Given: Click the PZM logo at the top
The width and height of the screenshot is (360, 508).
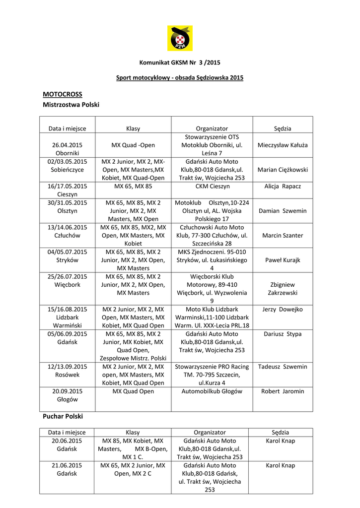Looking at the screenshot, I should pos(179,38).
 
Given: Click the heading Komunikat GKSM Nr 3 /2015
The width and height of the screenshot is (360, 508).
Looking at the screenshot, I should pos(180,63).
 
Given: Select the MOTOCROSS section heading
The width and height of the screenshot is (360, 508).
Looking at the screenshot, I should pos(63,94).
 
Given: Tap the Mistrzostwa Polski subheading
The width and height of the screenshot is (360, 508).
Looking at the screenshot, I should pos(71,105).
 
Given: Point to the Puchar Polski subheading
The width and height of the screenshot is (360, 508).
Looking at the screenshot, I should pos(63,416).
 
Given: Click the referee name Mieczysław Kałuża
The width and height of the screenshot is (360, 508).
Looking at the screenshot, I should pos(283,145).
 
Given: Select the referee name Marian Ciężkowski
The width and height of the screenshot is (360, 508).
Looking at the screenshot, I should pos(283,170).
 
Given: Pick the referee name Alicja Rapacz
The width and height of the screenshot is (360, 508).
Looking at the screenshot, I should pos(283,186).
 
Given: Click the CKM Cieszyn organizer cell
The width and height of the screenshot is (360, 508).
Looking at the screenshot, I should pos(212,186).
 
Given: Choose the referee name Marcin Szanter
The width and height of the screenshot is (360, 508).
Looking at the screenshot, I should pos(283,235).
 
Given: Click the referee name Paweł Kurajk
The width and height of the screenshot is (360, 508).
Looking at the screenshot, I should pos(283,260).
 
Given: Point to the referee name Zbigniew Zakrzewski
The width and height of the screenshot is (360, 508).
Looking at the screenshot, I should pos(283,289).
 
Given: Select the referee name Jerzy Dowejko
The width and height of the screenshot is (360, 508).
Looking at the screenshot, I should pos(283,309).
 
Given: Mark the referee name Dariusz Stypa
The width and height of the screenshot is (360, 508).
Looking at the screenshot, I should pos(283,334).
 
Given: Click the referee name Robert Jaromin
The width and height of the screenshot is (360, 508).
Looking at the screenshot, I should pos(283,391).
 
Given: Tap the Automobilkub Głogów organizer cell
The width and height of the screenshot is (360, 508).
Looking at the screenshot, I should pos(212,391).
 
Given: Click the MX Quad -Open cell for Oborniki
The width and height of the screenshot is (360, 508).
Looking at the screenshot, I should pos(133,145).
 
